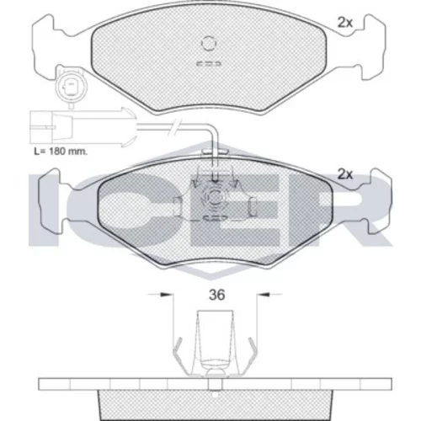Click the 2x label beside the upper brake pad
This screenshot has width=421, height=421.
(344, 23)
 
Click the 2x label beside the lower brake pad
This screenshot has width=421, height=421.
(344, 174)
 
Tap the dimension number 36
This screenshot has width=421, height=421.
(217, 295)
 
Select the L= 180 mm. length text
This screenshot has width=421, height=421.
(61, 152)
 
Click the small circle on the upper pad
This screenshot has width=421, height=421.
(209, 44)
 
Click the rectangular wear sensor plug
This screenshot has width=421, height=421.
(51, 127)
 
